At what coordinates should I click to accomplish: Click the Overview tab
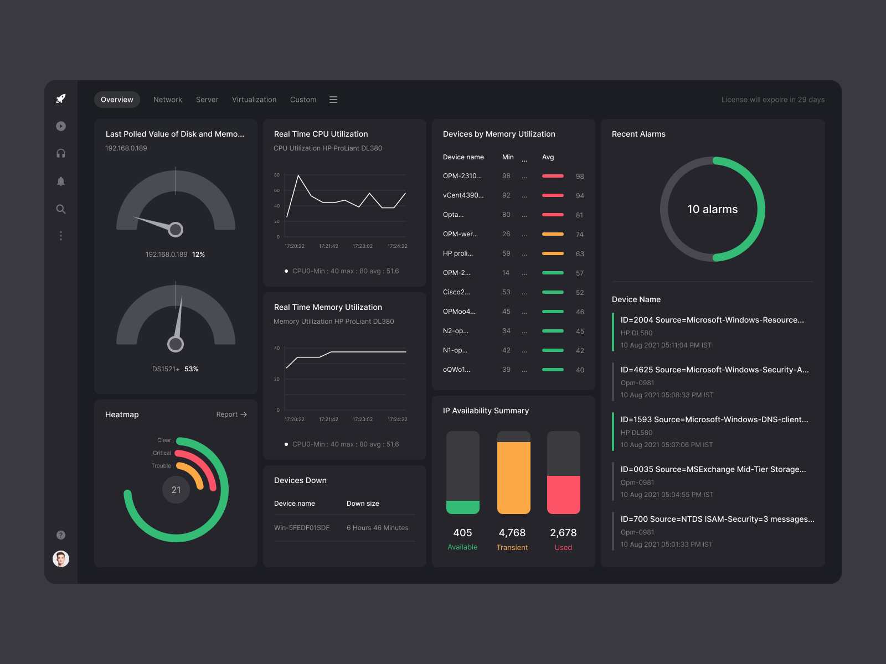[117, 100]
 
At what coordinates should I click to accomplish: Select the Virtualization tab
[254, 100]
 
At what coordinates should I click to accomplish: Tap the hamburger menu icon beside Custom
[333, 100]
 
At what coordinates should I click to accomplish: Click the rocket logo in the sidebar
[61, 98]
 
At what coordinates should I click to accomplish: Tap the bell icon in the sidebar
[61, 181]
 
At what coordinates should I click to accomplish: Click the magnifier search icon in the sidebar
[61, 209]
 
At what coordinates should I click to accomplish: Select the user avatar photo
[61, 559]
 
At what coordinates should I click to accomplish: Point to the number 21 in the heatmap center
[176, 490]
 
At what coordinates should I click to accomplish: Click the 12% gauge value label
[198, 255]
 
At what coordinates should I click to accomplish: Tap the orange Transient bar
[513, 478]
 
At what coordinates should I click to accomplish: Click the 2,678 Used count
[563, 533]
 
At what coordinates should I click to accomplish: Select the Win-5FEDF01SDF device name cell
[302, 528]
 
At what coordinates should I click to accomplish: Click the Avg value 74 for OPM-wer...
[579, 235]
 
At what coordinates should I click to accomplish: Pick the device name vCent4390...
[463, 195]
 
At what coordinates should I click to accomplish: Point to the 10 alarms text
[713, 209]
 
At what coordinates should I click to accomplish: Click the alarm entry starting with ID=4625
[714, 370]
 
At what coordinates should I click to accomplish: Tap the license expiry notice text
[772, 100]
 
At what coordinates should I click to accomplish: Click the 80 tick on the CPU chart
[277, 175]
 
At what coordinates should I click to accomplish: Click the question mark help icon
[61, 535]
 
